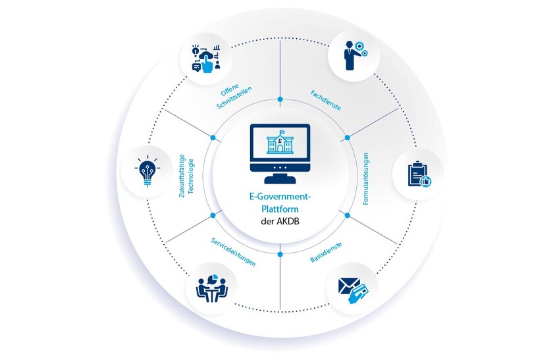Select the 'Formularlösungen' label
pos(366,178)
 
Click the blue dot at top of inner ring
pos(280,99)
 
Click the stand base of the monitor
pos(280,179)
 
